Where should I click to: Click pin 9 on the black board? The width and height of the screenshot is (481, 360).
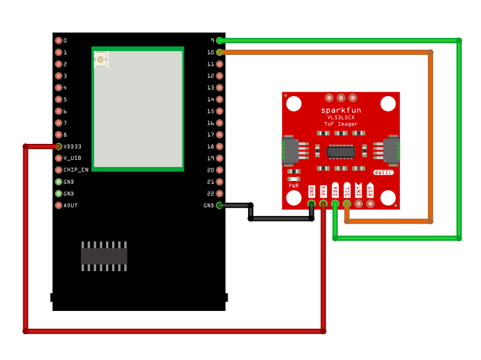coord(220,40)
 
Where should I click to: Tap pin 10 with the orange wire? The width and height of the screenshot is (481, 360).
coord(220,52)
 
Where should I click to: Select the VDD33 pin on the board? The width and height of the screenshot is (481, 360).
coord(58,147)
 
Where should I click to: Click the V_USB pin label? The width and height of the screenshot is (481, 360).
coord(72,158)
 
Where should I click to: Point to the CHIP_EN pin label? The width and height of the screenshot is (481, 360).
coord(76,170)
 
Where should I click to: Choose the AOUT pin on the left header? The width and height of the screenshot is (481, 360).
coord(58,206)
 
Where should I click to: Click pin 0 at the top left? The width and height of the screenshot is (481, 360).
coord(58,40)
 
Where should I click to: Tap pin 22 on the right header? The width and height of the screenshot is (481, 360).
coord(220,194)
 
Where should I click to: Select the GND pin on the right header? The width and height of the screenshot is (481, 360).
coord(220,206)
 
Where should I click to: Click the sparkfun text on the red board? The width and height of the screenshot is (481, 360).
coord(341,110)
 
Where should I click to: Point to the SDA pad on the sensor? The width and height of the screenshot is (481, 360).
coord(335,204)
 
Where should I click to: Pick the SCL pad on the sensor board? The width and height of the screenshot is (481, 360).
coord(347,204)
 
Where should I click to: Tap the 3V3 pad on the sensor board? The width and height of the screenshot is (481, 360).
coord(323,204)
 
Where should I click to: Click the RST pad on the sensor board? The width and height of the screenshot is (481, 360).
coord(370,204)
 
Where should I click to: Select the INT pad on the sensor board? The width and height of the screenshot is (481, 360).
coord(359,204)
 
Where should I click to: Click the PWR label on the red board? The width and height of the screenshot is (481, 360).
coord(294,186)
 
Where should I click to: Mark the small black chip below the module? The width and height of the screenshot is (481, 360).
coord(104,256)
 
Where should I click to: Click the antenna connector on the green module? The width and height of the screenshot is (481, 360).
coord(100,60)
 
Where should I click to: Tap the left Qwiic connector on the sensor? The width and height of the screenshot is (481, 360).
coord(291,150)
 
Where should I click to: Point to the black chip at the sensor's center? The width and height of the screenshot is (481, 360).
coord(341,152)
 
